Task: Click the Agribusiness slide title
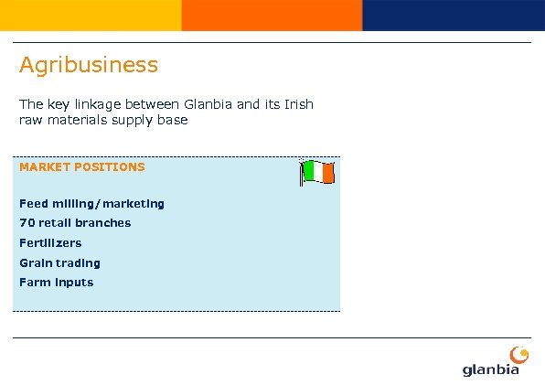point(89,66)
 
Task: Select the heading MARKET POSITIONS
point(82,167)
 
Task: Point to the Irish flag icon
point(317,172)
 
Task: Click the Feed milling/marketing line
point(91,204)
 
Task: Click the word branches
point(103,223)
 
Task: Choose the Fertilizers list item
point(50,243)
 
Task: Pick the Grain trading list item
point(59,263)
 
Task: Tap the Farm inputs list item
point(56,283)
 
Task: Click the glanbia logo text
point(491,369)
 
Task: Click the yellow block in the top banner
point(91,15)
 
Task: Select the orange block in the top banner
point(272,15)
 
